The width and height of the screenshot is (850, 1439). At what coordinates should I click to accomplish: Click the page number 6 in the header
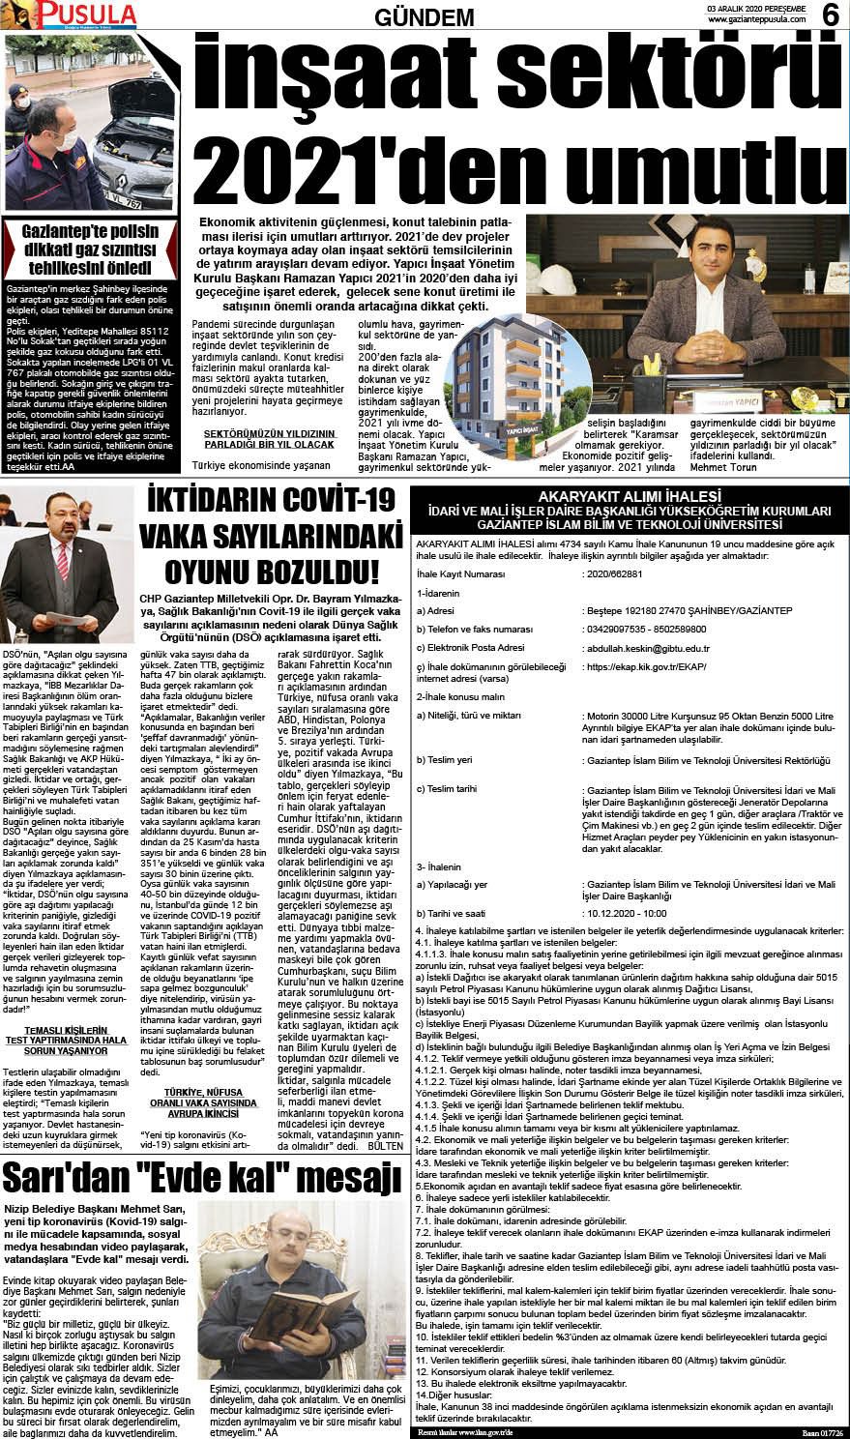830,15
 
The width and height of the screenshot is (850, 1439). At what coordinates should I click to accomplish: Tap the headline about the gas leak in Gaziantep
90,250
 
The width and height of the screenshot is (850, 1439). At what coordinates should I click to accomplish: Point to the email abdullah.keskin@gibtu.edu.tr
647,648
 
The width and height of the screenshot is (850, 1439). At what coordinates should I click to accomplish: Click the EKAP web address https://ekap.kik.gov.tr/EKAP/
646,667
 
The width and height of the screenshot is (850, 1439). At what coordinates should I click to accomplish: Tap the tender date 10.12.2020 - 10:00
627,912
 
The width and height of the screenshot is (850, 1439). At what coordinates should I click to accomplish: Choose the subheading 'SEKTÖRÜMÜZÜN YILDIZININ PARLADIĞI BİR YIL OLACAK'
269,439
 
